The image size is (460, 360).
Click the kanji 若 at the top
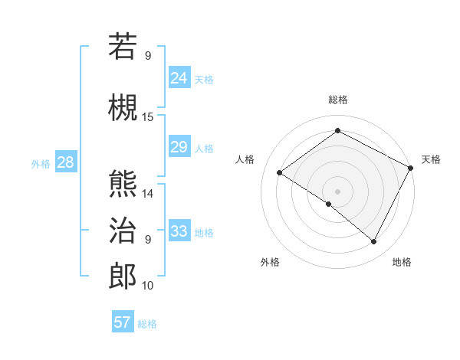(123, 47)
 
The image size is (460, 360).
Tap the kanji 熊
(123, 183)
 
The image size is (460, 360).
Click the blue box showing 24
(179, 77)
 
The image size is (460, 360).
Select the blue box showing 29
(179, 147)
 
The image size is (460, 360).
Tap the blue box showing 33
(179, 231)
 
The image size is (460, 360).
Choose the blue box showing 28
(65, 162)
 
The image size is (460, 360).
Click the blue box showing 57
(123, 322)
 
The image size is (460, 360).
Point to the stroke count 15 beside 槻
(148, 116)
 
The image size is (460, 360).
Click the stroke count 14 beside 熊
(148, 194)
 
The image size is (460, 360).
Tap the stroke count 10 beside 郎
(148, 286)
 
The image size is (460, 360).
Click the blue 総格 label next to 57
(148, 324)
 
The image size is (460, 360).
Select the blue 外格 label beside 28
(41, 163)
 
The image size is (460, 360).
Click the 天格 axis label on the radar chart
(431, 159)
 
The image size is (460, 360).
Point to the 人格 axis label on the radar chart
(245, 159)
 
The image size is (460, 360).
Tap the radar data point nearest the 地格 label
(374, 242)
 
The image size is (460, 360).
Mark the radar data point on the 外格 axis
(329, 204)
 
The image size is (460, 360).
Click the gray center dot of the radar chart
(337, 191)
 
